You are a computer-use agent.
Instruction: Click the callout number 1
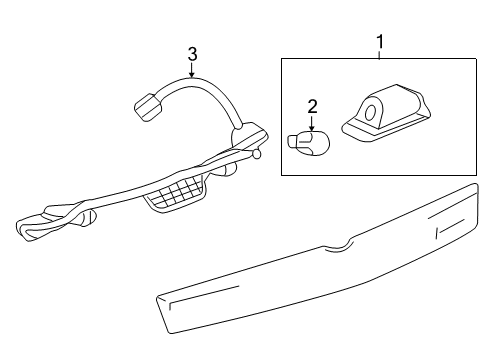[380, 42]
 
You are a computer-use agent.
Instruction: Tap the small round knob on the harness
[257, 155]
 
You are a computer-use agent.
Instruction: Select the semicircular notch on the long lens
[343, 243]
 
